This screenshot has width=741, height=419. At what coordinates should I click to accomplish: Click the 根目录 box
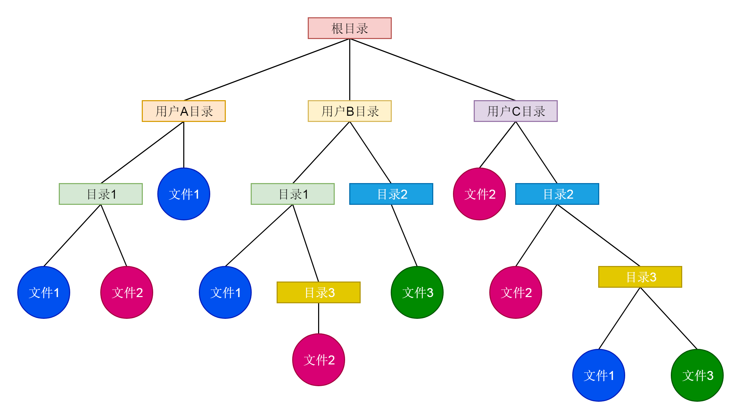point(350,28)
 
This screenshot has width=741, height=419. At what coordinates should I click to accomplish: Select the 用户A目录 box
point(184,111)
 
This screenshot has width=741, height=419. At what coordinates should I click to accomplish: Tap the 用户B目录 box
point(350,111)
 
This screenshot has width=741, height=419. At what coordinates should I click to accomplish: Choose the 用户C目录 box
point(516,111)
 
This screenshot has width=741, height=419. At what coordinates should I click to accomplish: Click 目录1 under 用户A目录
point(101,194)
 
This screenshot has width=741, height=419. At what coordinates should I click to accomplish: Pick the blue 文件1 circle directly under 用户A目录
point(184,194)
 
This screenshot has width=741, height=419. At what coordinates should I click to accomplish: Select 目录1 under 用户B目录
point(293,194)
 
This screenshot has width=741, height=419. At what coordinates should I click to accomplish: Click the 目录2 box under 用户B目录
point(391,194)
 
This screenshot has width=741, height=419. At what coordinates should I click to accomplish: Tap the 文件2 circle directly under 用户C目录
point(479,194)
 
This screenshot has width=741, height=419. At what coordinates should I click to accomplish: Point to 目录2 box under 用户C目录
point(557,194)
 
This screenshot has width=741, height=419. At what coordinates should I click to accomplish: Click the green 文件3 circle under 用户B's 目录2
point(417,293)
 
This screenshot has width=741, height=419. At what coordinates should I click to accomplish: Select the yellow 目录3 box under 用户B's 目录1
point(318,293)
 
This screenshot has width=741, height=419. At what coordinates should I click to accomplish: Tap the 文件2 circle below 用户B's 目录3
point(318,360)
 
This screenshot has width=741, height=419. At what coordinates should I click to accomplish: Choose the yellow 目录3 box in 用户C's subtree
point(640,277)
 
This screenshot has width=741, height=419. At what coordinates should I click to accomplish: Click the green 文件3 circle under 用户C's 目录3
point(697,375)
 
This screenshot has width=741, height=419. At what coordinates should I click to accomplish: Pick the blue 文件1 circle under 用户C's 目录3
point(599,375)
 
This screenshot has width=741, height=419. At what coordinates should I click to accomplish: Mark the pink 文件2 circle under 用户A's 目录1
point(127,293)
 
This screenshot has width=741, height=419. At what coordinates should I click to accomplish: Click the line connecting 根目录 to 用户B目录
point(350,69)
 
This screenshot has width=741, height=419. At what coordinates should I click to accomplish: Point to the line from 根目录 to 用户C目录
point(432,69)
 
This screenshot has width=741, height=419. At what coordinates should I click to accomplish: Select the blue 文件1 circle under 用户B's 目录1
point(225,293)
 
